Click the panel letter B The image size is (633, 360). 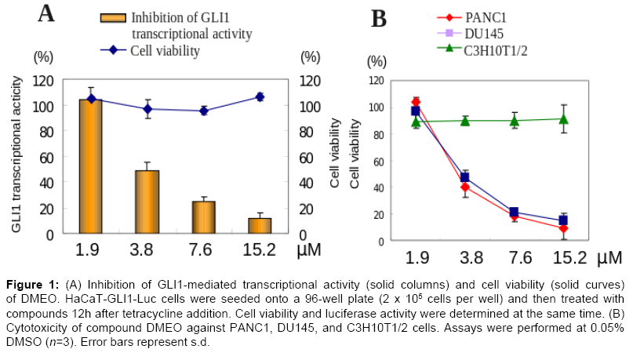(379, 18)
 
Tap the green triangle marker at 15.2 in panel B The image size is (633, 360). (563, 119)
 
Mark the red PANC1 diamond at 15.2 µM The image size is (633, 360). (563, 228)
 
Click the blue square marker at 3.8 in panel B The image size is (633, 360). (464, 178)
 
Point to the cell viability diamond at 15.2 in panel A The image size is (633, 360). (260, 96)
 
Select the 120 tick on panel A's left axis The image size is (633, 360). (43, 81)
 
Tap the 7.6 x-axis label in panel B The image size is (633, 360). (513, 257)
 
